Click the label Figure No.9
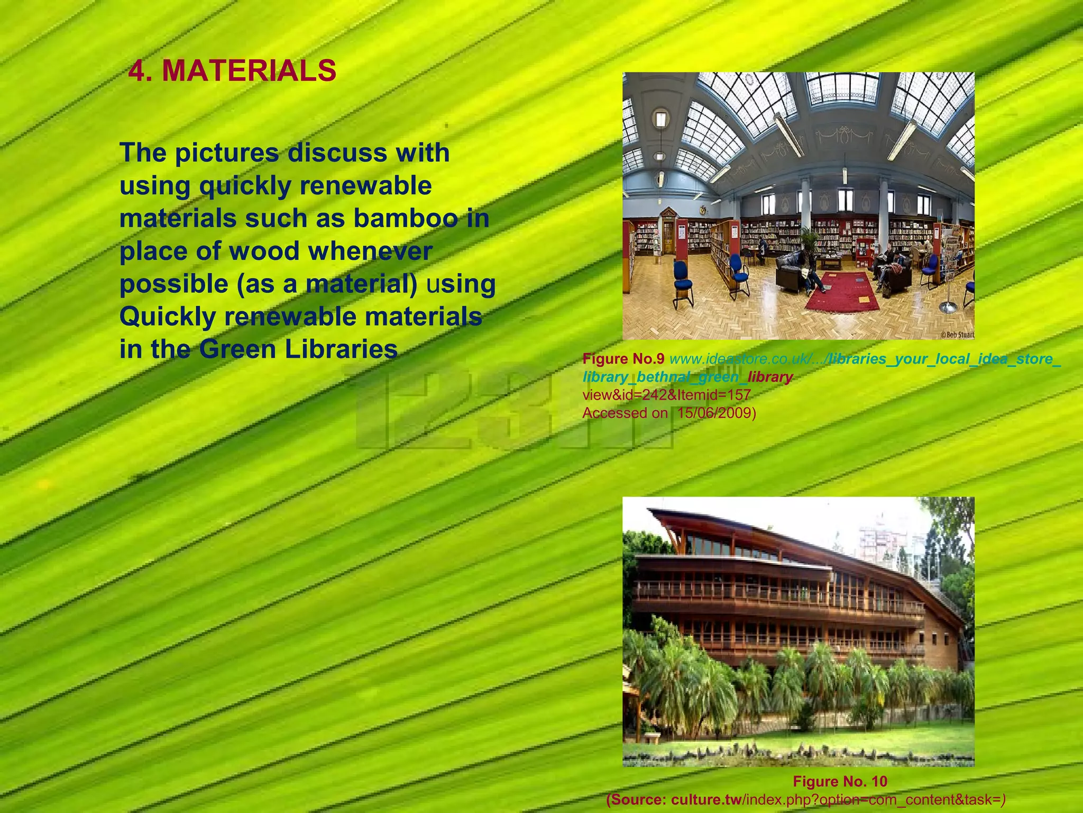click(623, 359)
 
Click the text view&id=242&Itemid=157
click(666, 395)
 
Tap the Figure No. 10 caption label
click(840, 781)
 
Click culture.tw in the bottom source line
click(706, 799)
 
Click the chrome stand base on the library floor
click(948, 308)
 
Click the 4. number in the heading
click(139, 71)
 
